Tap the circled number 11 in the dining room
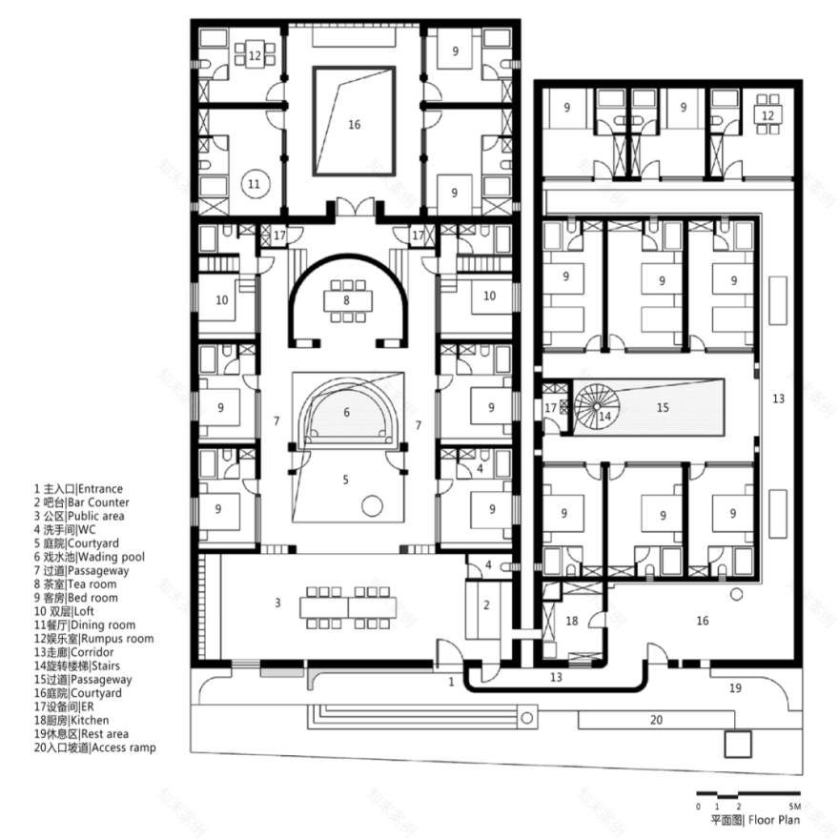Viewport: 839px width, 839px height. coord(253,183)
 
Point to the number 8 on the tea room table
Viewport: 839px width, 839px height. coord(346,300)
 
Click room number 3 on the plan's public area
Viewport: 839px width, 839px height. coord(278,603)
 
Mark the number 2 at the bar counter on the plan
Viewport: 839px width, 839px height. coord(485,604)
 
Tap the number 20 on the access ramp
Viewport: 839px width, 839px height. coord(656,720)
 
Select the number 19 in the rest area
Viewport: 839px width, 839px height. coord(734,686)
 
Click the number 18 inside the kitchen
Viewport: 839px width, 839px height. coord(572,620)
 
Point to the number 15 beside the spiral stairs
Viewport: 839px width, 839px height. coord(663,406)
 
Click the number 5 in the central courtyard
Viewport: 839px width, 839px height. coord(346,479)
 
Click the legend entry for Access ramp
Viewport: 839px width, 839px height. coord(93,747)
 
